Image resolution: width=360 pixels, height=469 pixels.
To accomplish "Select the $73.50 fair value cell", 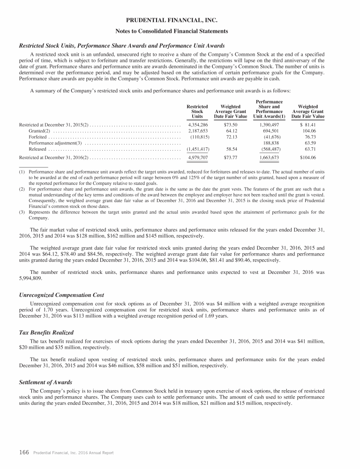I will tap(231, 125).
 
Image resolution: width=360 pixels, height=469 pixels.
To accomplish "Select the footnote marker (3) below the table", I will tap(22, 212).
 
